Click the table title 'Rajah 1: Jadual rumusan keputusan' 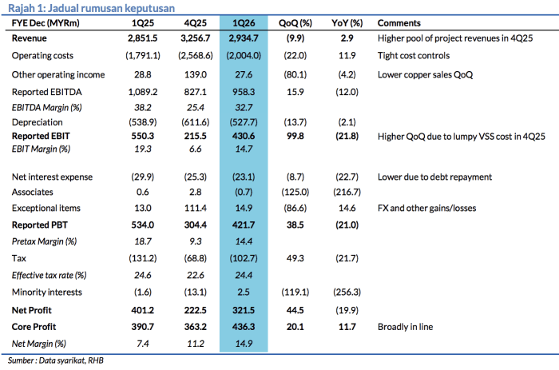click(x=91, y=8)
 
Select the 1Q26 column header click(x=244, y=23)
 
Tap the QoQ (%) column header click(x=295, y=23)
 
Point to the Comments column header click(x=399, y=23)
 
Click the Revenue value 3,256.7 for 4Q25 click(x=196, y=38)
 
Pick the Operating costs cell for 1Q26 click(x=244, y=56)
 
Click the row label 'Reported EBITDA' click(x=46, y=92)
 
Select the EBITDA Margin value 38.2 click(x=143, y=107)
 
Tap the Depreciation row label click(x=37, y=122)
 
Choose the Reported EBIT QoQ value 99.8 click(x=295, y=136)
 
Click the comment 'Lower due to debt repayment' click(x=434, y=177)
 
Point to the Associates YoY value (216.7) click(x=347, y=193)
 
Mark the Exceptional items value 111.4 click(x=196, y=208)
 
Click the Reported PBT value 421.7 click(x=244, y=225)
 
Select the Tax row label click(x=19, y=258)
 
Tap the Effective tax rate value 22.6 click(x=196, y=275)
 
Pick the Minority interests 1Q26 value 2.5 click(x=244, y=292)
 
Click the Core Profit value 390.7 click(x=143, y=327)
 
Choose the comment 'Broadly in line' click(x=406, y=327)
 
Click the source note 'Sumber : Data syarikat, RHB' click(x=56, y=360)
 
